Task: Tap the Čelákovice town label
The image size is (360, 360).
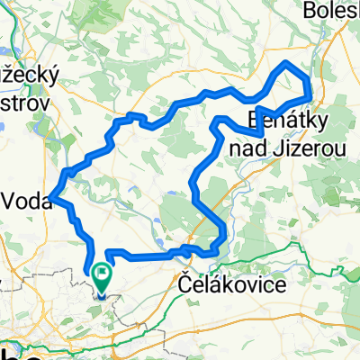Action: (219, 284)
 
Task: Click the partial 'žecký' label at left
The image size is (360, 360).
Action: (27, 76)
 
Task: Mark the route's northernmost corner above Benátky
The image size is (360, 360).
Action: (287, 62)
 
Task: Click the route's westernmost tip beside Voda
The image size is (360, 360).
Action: (53, 196)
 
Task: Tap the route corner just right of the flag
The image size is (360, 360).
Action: (109, 253)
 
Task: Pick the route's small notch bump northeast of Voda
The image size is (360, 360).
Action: (132, 117)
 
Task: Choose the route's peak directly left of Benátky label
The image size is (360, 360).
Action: (220, 120)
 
